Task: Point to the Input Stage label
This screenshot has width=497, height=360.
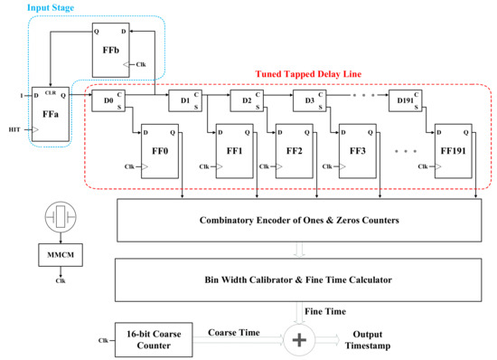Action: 52,7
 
